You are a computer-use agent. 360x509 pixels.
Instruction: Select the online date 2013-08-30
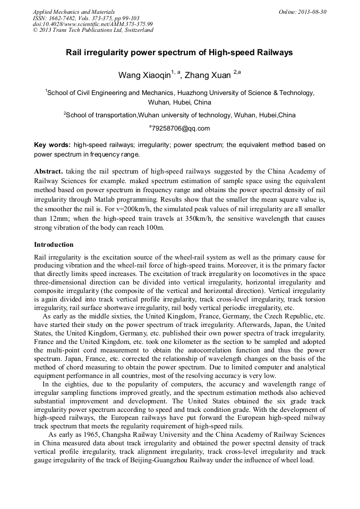tap(310, 12)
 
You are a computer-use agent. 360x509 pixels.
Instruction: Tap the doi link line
tap(93, 24)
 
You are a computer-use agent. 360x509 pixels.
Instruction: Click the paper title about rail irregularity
tap(179, 53)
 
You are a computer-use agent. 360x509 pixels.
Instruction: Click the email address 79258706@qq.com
tap(180, 128)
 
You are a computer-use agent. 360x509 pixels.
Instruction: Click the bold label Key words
tap(52, 144)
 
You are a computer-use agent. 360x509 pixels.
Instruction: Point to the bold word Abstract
tap(48, 171)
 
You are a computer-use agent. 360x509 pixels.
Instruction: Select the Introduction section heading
tap(54, 245)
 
